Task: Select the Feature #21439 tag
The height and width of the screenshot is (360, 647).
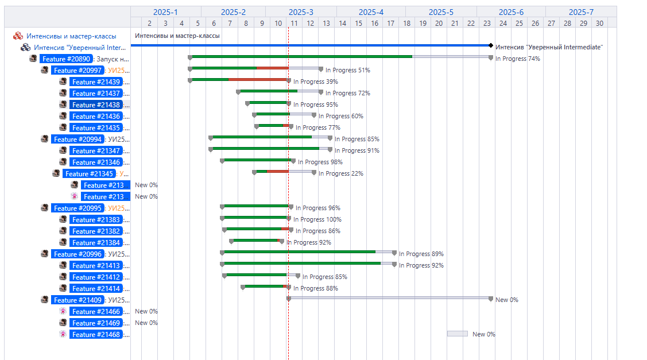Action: click(x=96, y=82)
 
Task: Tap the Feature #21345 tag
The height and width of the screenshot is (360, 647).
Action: click(x=89, y=173)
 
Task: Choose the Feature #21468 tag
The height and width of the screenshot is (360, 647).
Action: click(x=96, y=334)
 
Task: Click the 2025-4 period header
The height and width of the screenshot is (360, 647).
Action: click(x=371, y=12)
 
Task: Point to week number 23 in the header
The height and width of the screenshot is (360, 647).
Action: click(x=487, y=23)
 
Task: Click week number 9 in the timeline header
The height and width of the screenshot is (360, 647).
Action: click(x=262, y=23)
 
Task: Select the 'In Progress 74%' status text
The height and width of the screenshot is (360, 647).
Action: click(x=517, y=59)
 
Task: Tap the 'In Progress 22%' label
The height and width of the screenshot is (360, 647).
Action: click(x=340, y=173)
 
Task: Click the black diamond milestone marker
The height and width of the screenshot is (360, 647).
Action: click(x=491, y=45)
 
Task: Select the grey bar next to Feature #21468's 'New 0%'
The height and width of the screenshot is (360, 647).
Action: click(x=458, y=334)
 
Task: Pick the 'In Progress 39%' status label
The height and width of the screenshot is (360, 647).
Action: click(x=315, y=82)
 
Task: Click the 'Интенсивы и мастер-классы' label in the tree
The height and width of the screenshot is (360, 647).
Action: click(x=71, y=36)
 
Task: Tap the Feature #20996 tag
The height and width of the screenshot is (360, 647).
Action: click(x=78, y=254)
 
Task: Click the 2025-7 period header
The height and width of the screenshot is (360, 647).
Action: click(x=581, y=12)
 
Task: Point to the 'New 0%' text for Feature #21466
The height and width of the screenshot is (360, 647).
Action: click(x=146, y=311)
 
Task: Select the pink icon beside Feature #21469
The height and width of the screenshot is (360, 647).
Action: click(x=63, y=323)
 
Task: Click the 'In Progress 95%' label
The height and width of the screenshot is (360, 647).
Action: click(x=315, y=104)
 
